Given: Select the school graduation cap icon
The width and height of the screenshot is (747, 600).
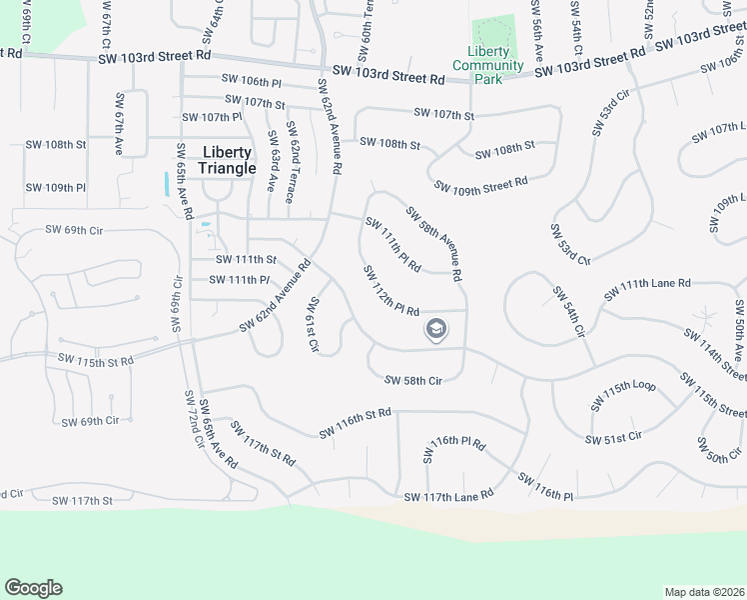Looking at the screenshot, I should click(x=435, y=329).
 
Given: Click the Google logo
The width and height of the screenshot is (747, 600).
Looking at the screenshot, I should click(x=33, y=588).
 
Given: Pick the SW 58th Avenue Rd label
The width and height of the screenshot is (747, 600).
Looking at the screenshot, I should click(x=433, y=242).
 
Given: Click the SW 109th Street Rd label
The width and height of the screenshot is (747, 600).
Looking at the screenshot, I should click(x=480, y=185).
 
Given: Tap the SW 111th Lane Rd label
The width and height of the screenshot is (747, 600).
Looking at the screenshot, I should click(x=647, y=289).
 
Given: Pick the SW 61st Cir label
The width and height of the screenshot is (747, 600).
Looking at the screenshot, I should click(x=314, y=325).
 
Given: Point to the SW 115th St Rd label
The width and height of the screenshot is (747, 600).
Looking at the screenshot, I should click(x=95, y=358).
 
